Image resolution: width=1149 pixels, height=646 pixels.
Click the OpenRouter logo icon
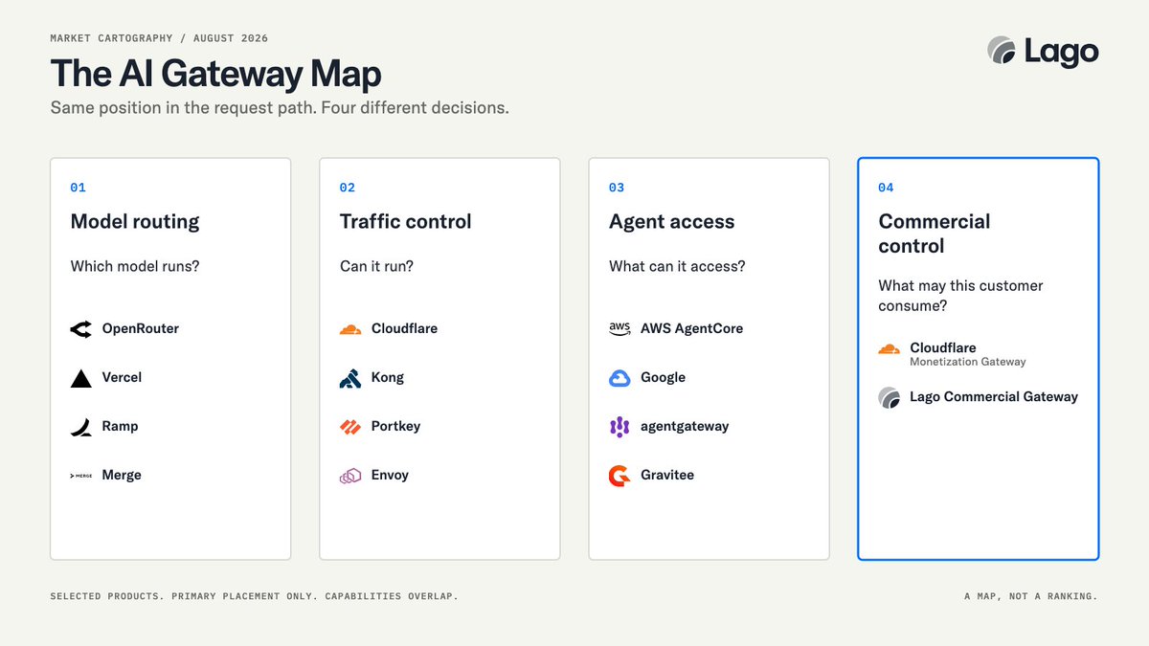(81, 329)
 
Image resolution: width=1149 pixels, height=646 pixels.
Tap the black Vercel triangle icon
(81, 378)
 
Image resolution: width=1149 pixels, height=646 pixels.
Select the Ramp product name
(120, 426)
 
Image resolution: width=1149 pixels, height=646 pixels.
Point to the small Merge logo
(81, 476)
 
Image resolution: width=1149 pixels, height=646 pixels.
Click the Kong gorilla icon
(350, 378)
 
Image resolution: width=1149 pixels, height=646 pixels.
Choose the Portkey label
(396, 426)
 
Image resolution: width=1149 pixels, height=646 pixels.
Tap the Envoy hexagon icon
(350, 476)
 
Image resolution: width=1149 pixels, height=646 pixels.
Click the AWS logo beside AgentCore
(620, 328)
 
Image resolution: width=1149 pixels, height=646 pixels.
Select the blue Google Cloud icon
(620, 378)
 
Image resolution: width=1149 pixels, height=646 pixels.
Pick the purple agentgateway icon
(620, 427)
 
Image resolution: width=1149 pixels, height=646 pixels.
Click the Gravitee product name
(667, 475)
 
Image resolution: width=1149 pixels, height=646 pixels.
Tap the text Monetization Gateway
(968, 362)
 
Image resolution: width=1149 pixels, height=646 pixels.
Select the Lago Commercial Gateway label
(994, 397)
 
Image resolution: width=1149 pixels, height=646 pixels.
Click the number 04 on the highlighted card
(886, 188)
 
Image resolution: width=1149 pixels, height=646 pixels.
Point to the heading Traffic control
(405, 221)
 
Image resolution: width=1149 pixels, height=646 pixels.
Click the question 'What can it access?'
(677, 266)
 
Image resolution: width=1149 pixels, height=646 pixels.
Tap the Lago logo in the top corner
(1044, 52)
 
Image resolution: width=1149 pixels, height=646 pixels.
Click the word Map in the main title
(346, 75)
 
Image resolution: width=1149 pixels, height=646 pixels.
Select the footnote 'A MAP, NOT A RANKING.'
(1031, 596)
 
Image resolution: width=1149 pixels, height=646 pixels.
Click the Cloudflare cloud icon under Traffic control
(350, 329)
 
